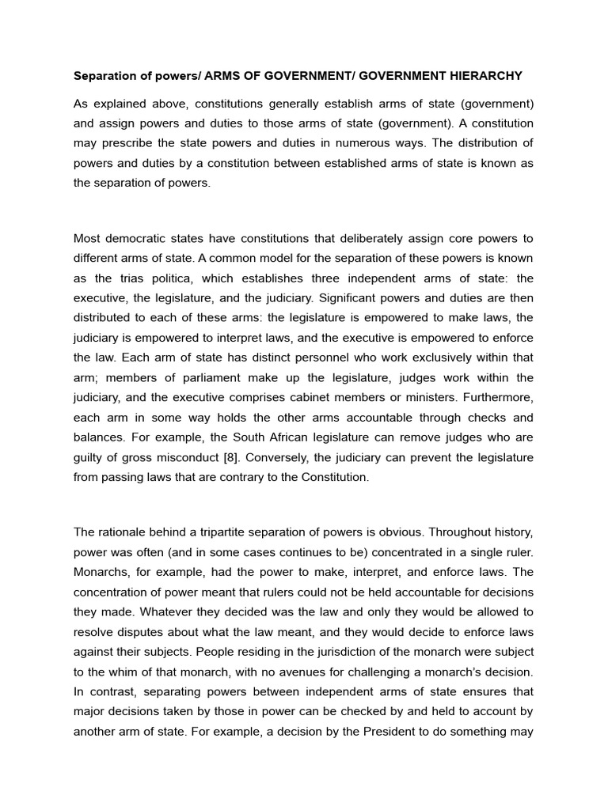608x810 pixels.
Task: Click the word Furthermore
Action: click(496, 397)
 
